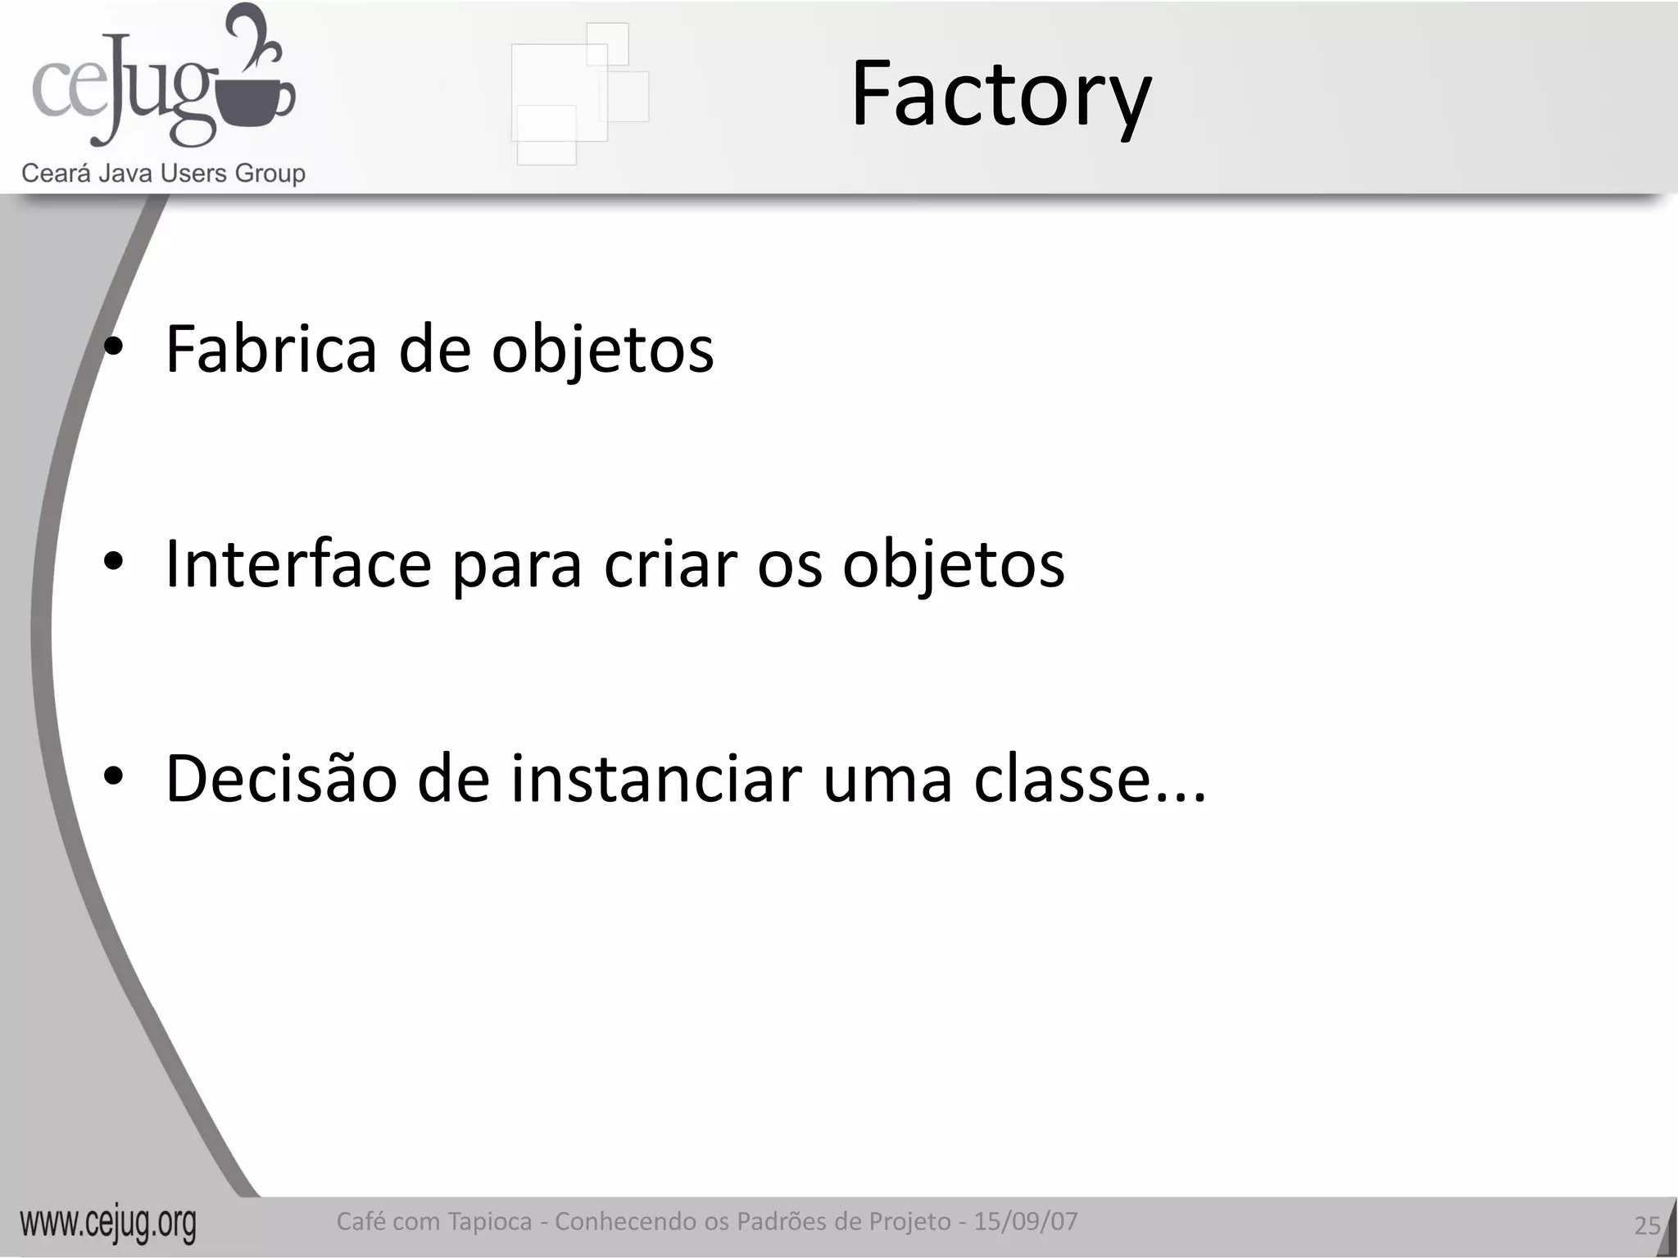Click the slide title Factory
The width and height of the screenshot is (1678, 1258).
coord(1000,95)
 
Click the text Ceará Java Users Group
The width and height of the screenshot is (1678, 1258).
coord(163,174)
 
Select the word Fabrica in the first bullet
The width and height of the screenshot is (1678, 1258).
coord(271,350)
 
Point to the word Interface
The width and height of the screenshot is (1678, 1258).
coord(298,564)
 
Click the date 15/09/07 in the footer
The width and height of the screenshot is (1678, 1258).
coord(1026,1221)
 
